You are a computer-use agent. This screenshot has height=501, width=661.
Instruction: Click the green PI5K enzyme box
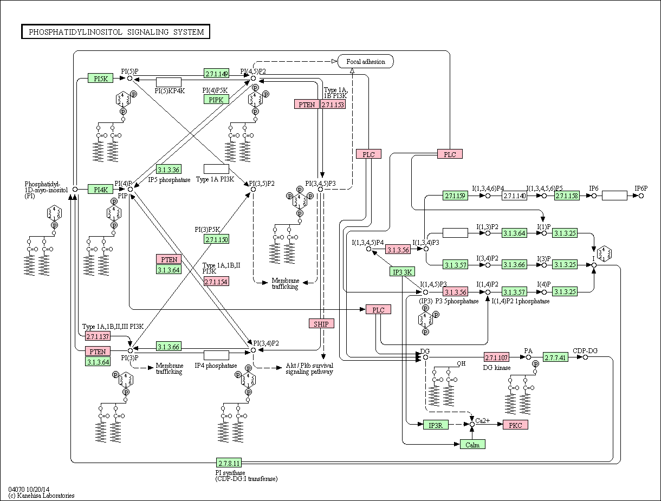[x=100, y=78]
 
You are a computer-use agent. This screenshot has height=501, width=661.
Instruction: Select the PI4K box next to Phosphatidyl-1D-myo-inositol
[x=100, y=189]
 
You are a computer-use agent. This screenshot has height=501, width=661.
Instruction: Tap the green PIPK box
[x=216, y=99]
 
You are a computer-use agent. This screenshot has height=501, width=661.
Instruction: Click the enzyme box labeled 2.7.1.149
[x=216, y=73]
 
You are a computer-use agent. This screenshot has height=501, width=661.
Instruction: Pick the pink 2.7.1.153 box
[x=333, y=104]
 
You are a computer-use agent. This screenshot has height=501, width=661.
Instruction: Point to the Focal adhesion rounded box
[x=366, y=61]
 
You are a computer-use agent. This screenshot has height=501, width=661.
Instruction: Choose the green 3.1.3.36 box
[x=169, y=169]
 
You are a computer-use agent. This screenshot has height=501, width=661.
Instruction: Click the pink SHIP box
[x=321, y=323]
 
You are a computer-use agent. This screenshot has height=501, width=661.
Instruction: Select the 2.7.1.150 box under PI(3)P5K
[x=216, y=239]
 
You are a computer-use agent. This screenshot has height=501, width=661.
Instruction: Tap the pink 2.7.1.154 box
[x=216, y=281]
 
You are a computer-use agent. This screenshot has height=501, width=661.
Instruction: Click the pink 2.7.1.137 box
[x=98, y=336]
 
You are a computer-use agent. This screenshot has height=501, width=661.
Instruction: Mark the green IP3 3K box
[x=403, y=271]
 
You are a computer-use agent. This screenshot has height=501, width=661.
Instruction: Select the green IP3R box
[x=436, y=425]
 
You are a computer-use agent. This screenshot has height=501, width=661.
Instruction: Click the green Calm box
[x=472, y=444]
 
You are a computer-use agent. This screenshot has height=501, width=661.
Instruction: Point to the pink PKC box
[x=515, y=425]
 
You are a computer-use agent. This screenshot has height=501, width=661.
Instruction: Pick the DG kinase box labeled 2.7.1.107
[x=496, y=357]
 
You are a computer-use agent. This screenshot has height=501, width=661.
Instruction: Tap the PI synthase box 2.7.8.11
[x=229, y=463]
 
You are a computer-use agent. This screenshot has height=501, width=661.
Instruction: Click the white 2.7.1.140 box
[x=514, y=196]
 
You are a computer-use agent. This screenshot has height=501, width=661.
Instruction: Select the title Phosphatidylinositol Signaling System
[x=115, y=31]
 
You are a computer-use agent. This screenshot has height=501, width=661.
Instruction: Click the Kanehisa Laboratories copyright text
[x=41, y=495]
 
